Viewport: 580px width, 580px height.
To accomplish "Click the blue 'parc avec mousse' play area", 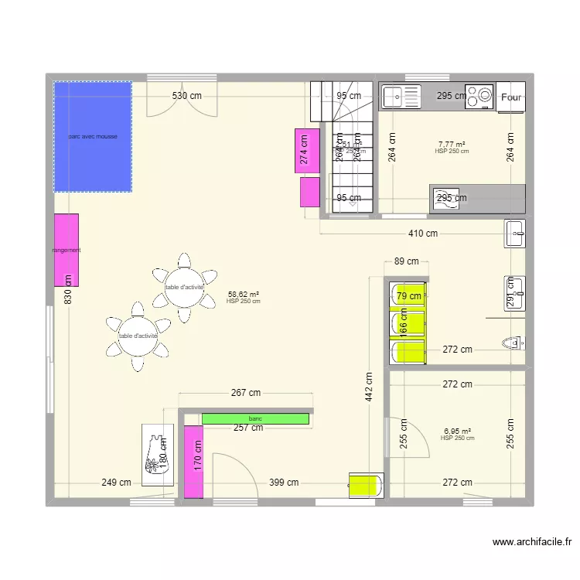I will pos(92,137).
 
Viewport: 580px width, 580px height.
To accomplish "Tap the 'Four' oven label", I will pos(510,97).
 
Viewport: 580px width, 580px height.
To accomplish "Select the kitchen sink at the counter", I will pos(400,97).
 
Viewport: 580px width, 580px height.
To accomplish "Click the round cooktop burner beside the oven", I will pos(484,97).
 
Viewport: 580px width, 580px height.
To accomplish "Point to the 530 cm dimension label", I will pos(186,96).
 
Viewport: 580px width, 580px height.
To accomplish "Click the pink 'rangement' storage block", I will pos(67,250).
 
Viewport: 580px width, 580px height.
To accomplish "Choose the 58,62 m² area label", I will pos(244,294).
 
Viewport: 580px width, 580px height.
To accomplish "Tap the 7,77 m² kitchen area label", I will pos(452,144).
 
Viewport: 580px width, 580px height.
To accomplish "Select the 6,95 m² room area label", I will pos(457,432).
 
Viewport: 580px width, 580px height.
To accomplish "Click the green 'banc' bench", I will pos(255,418).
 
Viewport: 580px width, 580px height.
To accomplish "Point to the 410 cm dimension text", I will pos(422,234).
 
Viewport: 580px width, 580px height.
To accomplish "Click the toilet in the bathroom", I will pos(512,341).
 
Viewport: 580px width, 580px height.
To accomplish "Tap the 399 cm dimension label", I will pos(284,483).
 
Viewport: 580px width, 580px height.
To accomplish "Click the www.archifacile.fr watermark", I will pos(531,543).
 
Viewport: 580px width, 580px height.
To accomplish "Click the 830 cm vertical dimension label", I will pos(67,290).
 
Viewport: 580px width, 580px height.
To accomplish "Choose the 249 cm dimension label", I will pos(116,483).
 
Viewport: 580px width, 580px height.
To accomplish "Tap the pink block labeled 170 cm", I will pos(194,462).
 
